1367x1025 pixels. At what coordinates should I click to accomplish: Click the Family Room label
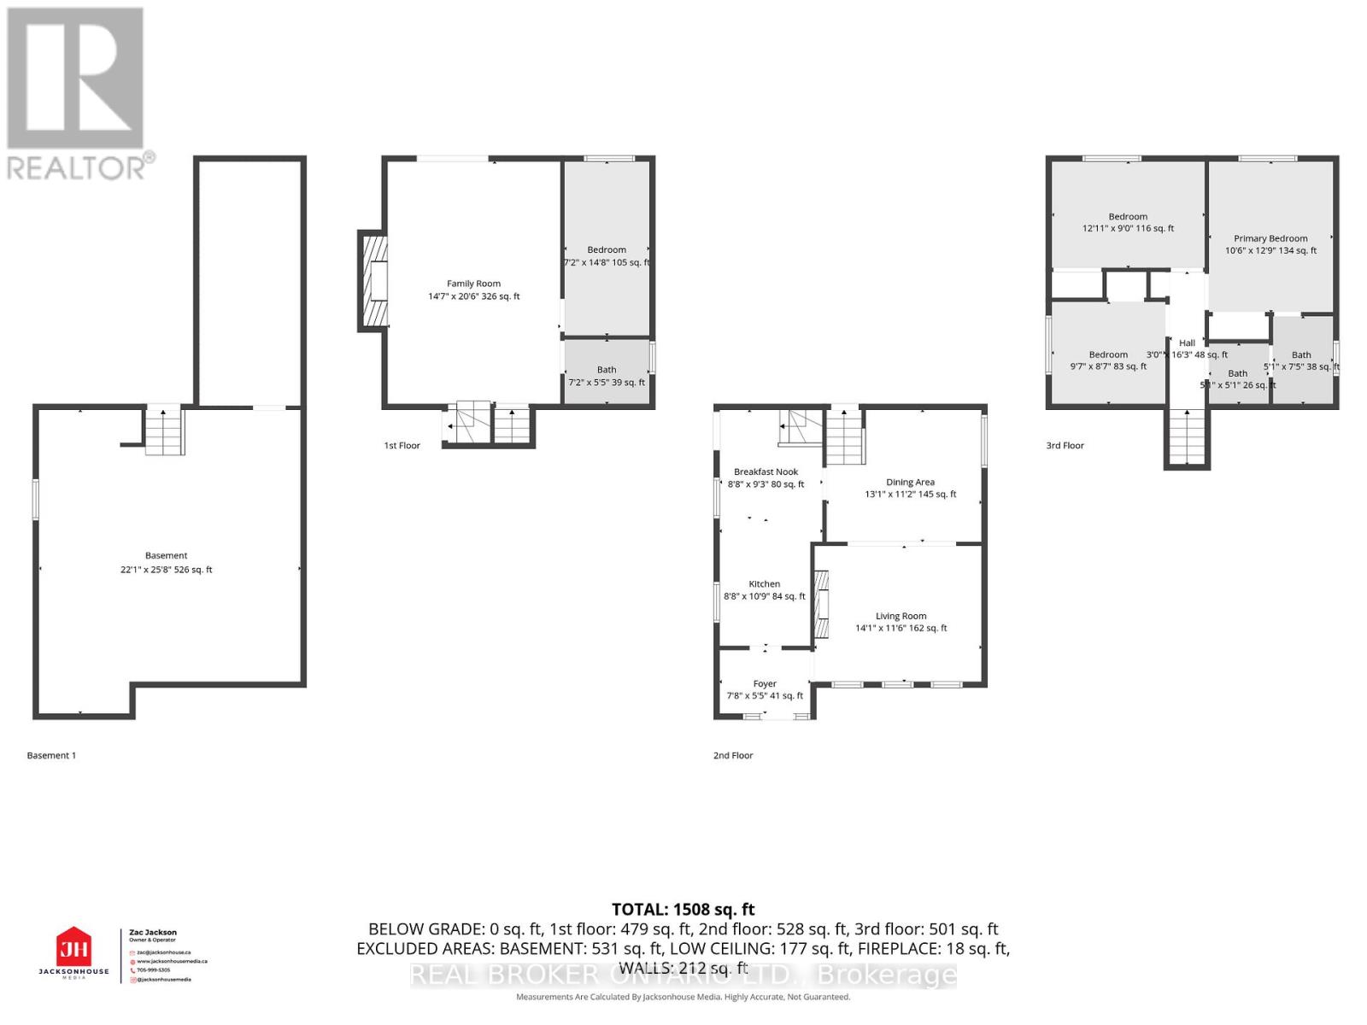[x=473, y=284]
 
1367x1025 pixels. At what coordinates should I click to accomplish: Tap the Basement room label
[x=166, y=556]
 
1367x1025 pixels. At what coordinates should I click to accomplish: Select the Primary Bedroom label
[x=1270, y=239]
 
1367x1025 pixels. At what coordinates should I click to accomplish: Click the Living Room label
[x=901, y=617]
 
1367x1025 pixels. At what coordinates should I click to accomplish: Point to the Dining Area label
[x=910, y=483]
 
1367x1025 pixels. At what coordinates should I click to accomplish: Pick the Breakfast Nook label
[x=766, y=472]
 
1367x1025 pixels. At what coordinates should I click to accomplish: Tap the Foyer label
[x=765, y=684]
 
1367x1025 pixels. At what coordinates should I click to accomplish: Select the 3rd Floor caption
[x=1065, y=446]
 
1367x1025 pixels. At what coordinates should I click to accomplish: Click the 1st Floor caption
[x=402, y=446]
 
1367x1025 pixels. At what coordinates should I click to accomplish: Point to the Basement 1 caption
[x=51, y=756]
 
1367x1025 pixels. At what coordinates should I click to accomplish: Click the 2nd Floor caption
[x=733, y=756]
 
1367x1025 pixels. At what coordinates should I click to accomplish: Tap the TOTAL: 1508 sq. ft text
[x=683, y=910]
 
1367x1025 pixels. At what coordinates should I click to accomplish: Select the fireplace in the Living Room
[x=821, y=605]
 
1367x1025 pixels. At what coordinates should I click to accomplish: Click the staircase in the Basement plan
[x=164, y=432]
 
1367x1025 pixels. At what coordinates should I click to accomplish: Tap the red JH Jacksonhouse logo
[x=73, y=948]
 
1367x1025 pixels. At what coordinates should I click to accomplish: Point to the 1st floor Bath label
[x=607, y=371]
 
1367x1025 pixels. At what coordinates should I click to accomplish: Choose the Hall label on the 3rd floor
[x=1187, y=343]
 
